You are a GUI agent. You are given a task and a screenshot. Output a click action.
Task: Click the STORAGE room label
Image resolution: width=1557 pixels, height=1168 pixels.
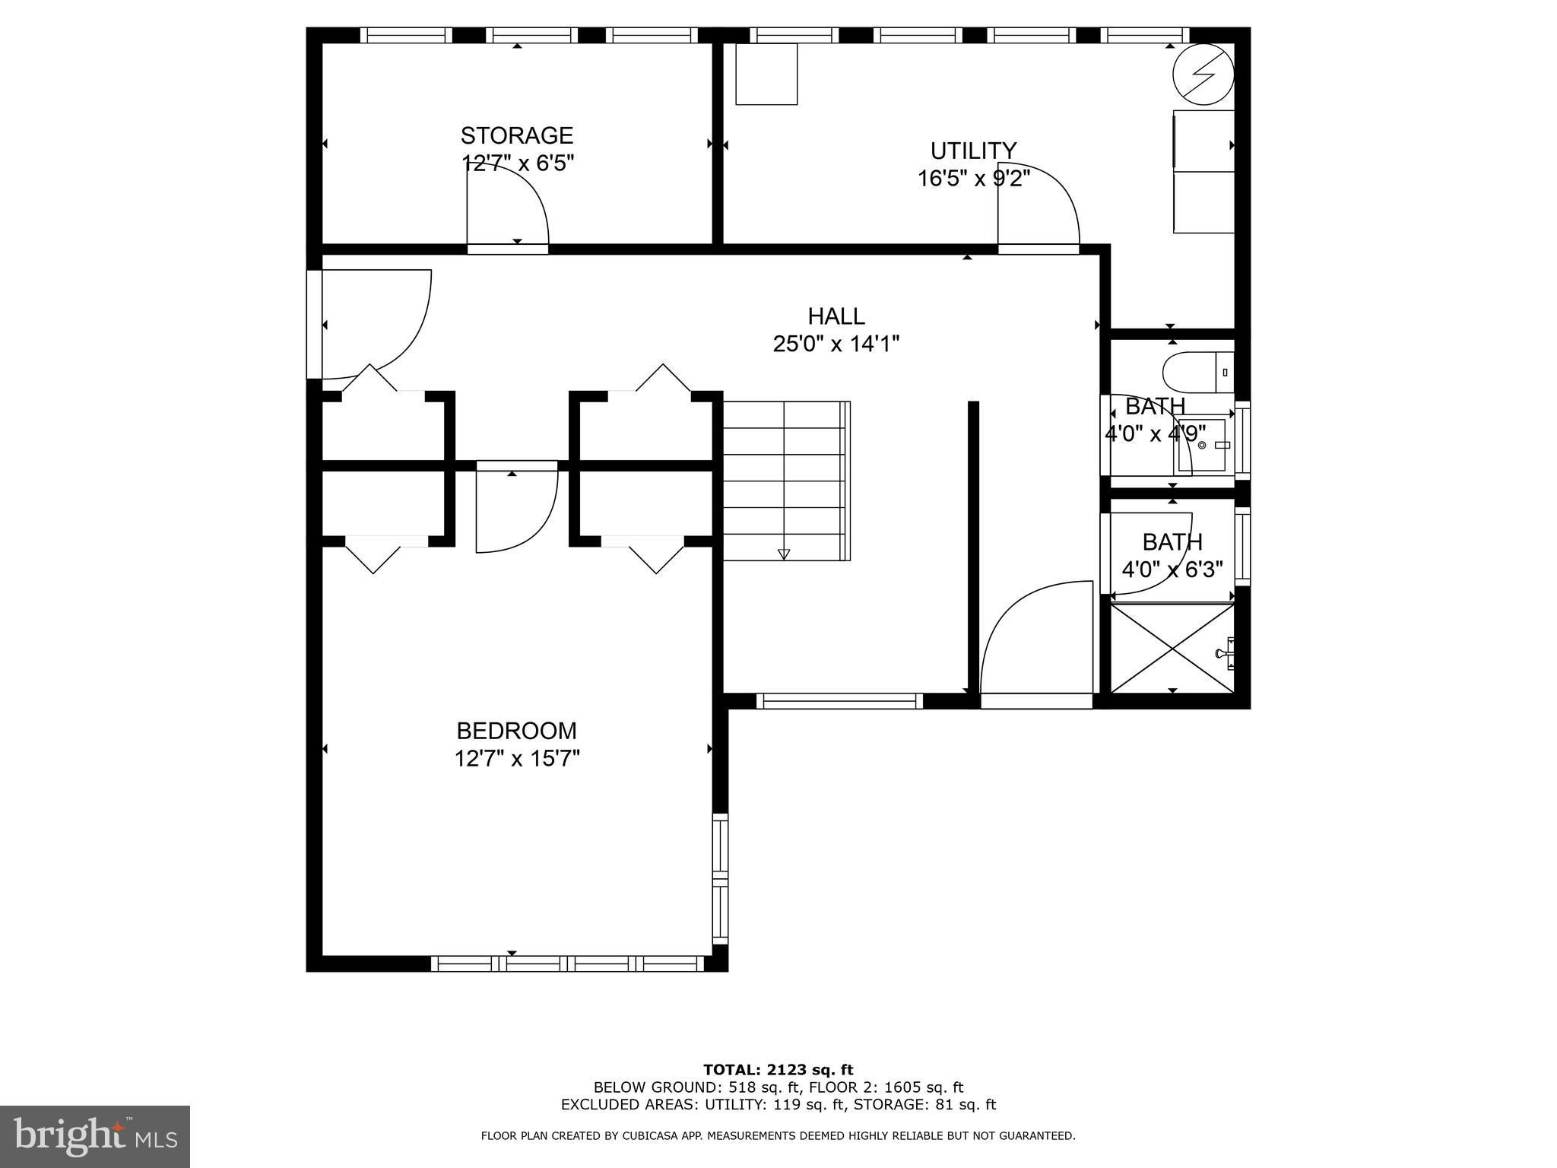pos(516,135)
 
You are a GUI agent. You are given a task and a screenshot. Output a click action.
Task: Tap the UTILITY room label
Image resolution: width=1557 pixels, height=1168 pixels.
pos(973,151)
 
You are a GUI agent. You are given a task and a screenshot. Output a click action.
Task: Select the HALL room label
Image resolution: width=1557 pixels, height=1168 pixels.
pos(836,316)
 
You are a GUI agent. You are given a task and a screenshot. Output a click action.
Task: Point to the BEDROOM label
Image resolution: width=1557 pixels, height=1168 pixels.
pos(516,731)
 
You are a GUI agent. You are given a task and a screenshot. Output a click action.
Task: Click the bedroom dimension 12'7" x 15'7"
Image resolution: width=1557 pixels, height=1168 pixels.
pos(517,759)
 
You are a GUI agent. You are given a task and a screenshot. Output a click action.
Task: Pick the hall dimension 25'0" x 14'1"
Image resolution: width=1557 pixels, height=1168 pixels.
pos(836,344)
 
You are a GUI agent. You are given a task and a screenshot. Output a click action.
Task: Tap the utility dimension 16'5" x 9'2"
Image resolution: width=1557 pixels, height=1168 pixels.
pos(974,179)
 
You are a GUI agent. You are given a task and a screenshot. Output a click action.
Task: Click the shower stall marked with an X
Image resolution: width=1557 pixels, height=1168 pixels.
pos(1173,648)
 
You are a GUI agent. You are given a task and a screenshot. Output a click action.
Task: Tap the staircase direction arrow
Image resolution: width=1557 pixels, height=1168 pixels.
pos(784,554)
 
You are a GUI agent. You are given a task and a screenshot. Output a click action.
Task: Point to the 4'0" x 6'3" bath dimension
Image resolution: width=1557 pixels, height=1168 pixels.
pos(1172,570)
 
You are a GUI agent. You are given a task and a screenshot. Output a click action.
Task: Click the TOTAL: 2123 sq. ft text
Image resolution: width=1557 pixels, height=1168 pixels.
pos(778,1071)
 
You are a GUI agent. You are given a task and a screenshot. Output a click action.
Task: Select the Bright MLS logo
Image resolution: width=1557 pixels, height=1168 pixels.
pos(95,1136)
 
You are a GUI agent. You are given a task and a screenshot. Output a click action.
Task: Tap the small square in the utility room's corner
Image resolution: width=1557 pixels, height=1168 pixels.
pos(766,74)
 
